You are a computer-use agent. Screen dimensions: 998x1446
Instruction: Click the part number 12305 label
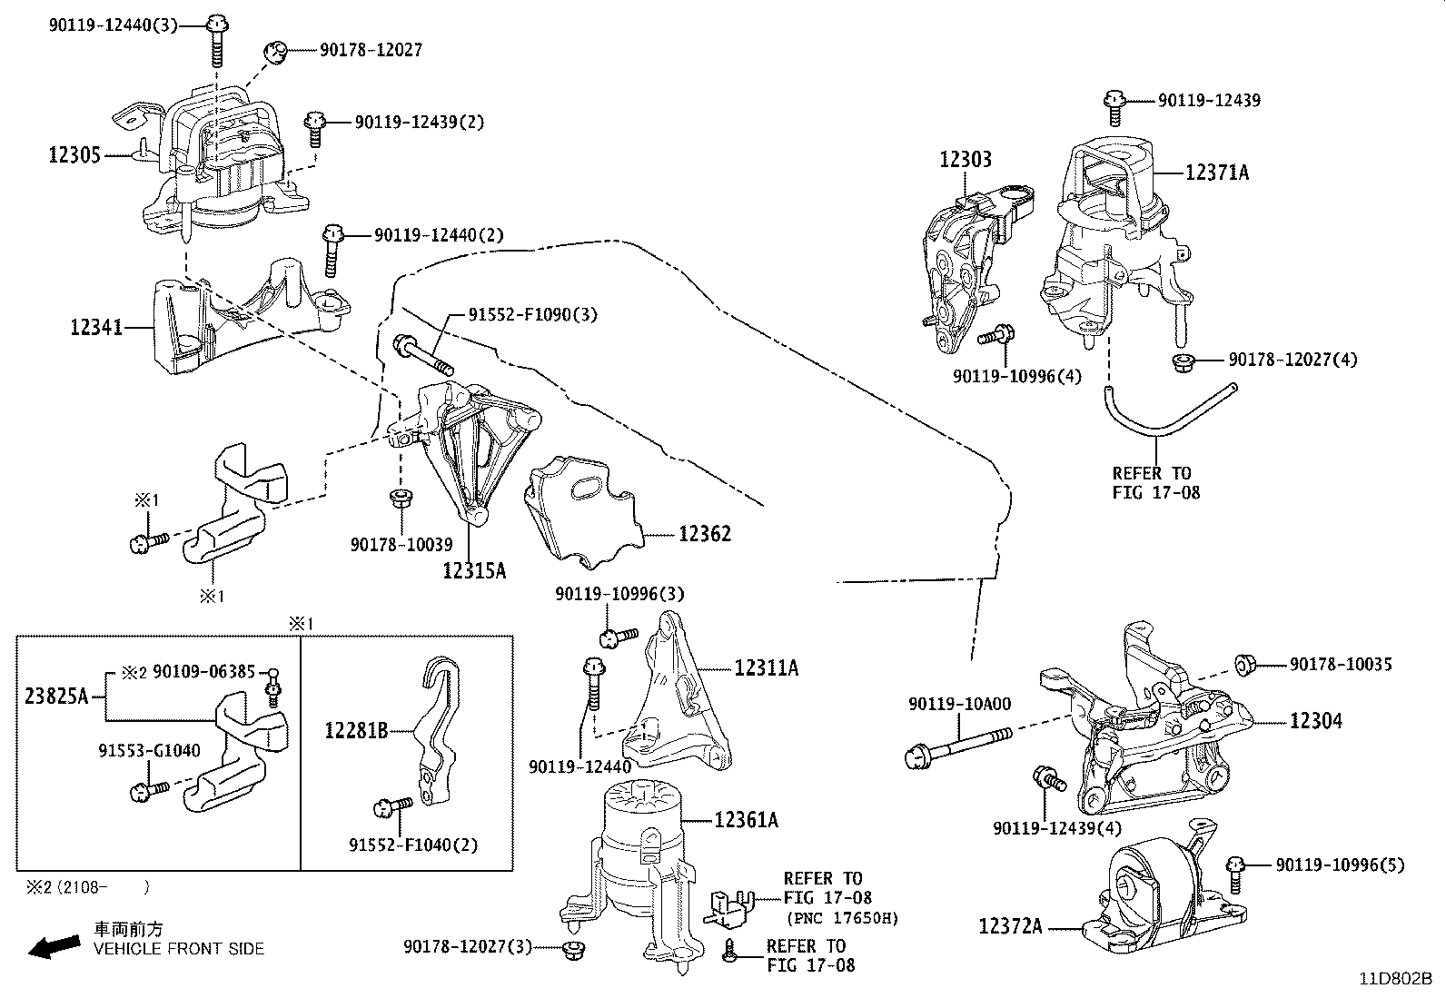(74, 156)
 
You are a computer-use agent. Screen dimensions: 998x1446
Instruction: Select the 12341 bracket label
(96, 326)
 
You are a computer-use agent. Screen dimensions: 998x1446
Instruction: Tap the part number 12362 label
(704, 533)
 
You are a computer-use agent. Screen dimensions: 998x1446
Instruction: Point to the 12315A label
(474, 570)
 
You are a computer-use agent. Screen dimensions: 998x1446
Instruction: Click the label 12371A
(1216, 172)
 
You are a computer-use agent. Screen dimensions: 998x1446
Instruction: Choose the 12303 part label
(965, 160)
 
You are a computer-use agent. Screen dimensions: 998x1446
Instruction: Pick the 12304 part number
(1316, 721)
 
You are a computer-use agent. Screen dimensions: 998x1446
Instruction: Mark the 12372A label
(1010, 927)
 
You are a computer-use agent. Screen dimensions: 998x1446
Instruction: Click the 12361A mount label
(746, 820)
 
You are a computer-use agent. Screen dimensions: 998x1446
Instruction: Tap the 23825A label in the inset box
(56, 697)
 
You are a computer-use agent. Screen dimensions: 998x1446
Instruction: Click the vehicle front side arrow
(53, 947)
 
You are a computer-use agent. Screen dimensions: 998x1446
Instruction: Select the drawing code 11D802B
(1395, 979)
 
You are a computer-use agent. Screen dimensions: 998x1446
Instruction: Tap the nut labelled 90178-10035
(1245, 665)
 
